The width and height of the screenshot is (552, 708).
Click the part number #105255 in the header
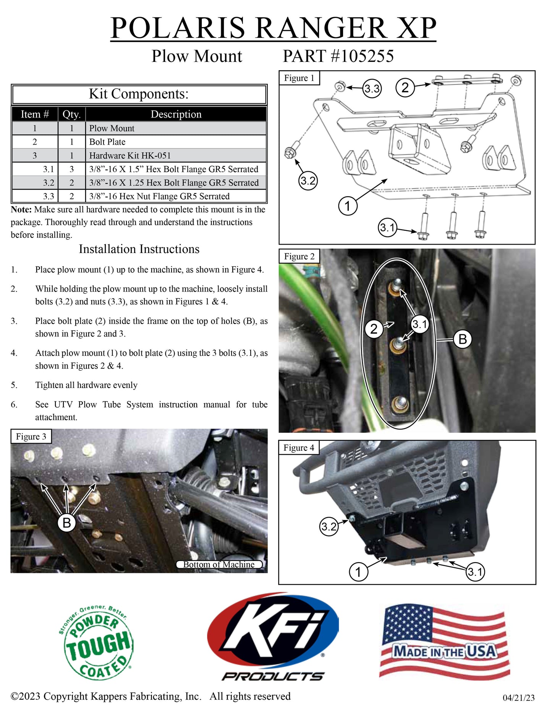[338, 56]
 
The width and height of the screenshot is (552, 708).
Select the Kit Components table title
[139, 94]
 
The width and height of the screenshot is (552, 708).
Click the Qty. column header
[71, 114]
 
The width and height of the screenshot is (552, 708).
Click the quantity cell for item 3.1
[71, 169]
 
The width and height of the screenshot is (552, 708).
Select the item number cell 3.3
[49, 196]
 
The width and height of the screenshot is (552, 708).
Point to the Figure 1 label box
[299, 78]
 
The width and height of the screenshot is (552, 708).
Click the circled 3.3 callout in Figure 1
[372, 89]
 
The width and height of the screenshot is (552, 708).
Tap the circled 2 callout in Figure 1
[405, 87]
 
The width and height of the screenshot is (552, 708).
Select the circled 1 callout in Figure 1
[348, 206]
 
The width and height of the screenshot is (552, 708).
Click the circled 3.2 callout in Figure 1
[308, 181]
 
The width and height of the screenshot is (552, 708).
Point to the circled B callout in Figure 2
[462, 339]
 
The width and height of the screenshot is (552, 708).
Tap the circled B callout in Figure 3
[66, 523]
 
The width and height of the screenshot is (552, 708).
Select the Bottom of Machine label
[219, 564]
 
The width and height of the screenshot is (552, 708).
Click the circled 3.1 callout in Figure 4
[475, 572]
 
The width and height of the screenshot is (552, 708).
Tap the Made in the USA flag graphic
[444, 642]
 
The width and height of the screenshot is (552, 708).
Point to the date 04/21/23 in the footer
[518, 698]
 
